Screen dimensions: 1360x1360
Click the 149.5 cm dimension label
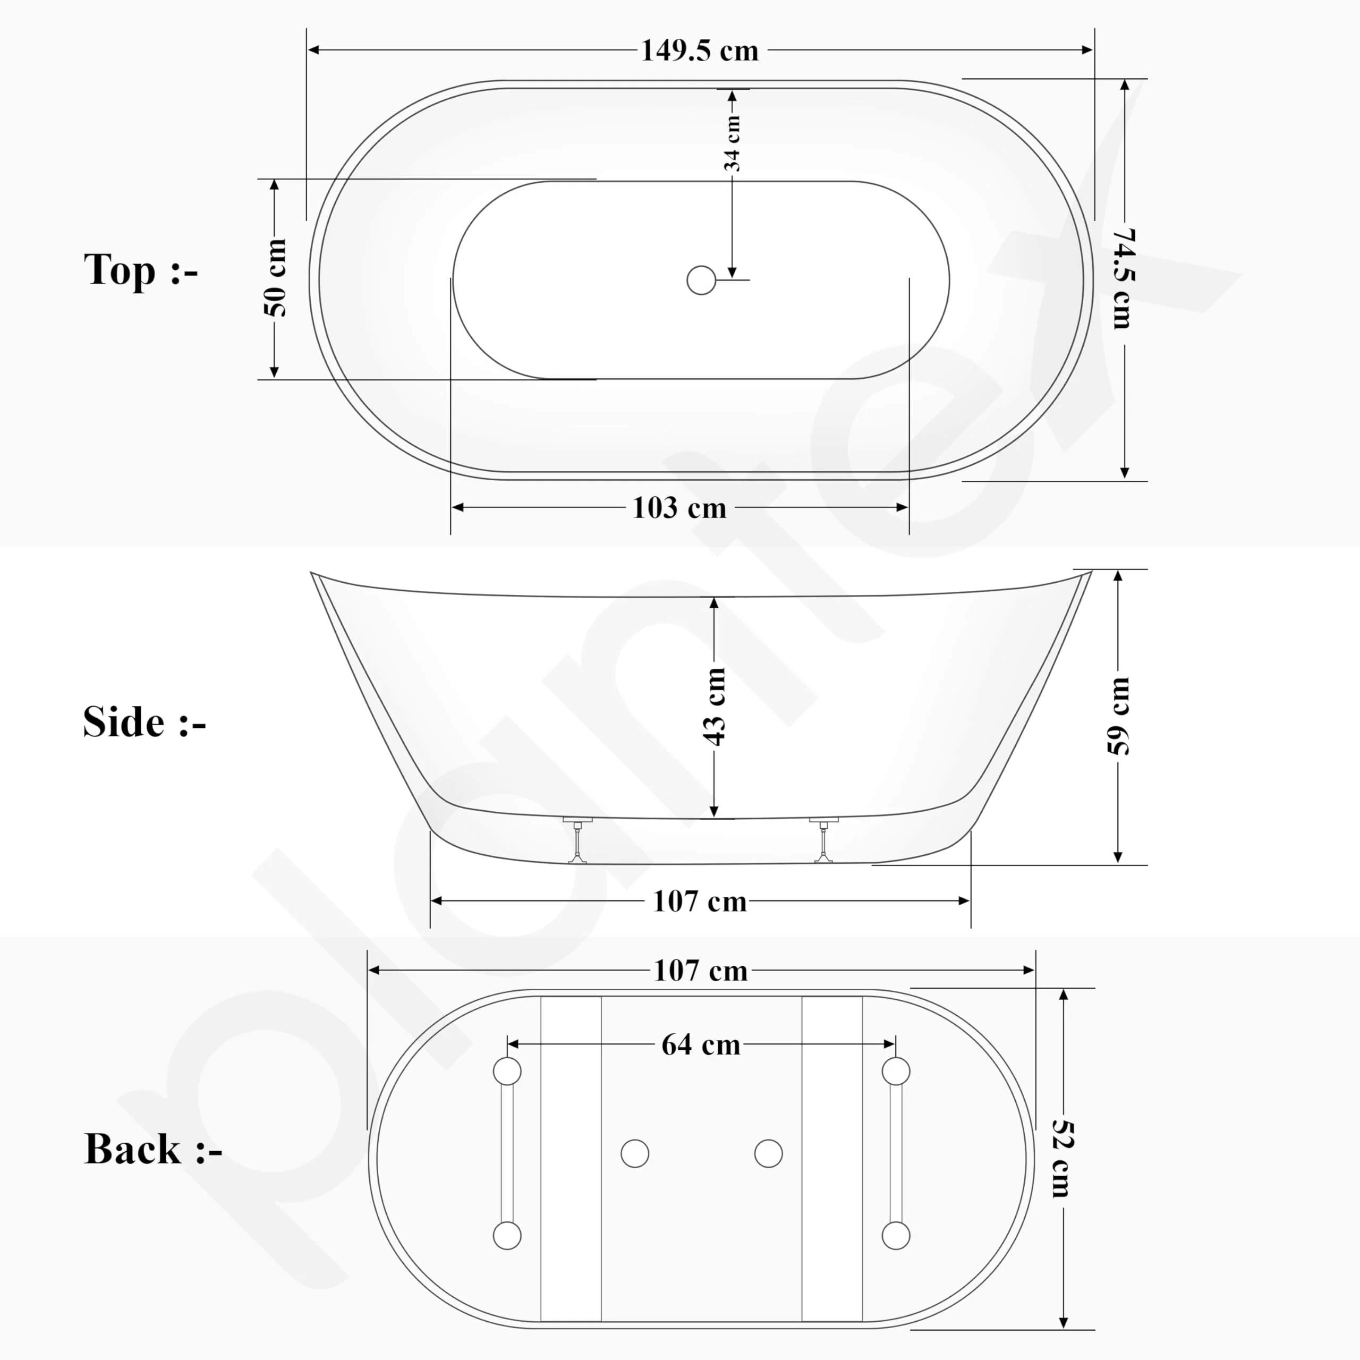coord(699,50)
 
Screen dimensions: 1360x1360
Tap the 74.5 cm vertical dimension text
coord(1124,279)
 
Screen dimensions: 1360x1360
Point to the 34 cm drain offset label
coord(732,143)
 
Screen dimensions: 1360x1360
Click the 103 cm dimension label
coord(679,507)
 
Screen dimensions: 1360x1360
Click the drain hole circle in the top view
coord(701,280)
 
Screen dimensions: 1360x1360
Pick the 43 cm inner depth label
coord(714,706)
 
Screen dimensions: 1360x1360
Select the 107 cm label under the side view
coord(700,901)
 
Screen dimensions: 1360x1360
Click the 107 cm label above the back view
coord(700,971)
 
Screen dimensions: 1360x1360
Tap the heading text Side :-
coord(144,722)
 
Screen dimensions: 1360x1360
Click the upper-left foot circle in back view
coord(507,1072)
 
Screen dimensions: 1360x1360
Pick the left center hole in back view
coord(635,1154)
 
